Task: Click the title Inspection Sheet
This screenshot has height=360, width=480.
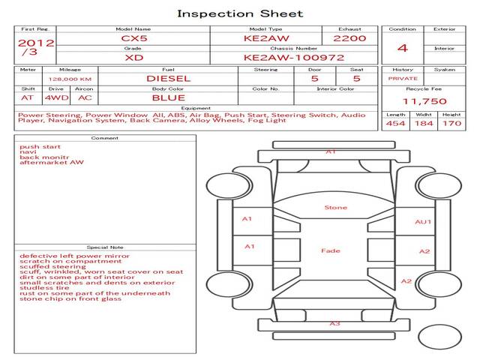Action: pos(240,13)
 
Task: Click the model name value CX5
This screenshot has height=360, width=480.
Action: pos(134,38)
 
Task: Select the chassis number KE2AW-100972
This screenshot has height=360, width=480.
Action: pos(294,58)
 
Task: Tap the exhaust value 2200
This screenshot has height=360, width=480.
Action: pos(349,38)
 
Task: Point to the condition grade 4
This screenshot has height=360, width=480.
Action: pos(403,48)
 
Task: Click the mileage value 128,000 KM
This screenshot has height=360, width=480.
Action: pos(70,79)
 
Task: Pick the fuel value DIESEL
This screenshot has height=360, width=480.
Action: pos(168,79)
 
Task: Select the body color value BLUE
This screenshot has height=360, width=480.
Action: pos(169,98)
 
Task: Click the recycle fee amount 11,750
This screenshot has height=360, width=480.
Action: pos(424,101)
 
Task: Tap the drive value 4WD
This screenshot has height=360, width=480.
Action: pos(57,98)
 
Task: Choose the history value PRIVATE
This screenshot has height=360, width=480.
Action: pos(403,79)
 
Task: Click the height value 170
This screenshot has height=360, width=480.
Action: pos(451,123)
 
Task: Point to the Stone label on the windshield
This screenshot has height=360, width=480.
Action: pos(336,208)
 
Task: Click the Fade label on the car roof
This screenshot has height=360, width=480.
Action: pos(331,250)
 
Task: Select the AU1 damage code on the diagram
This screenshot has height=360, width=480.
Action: pos(423,222)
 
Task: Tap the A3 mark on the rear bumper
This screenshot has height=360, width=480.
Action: pos(335,323)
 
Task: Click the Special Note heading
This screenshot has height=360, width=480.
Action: pos(105,247)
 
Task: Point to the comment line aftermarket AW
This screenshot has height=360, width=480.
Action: pos(52,163)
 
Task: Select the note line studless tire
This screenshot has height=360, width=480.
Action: pos(44,288)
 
